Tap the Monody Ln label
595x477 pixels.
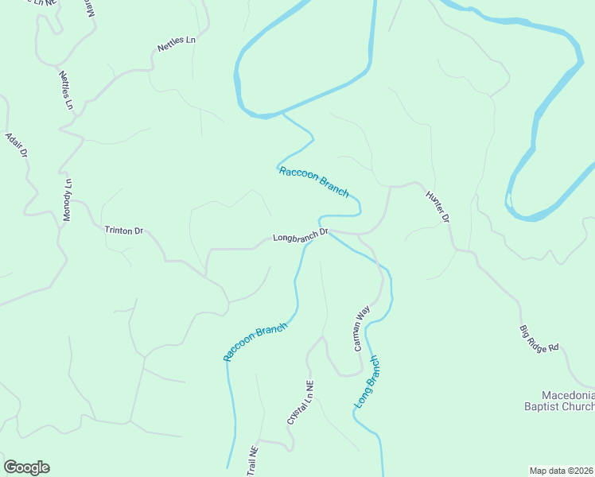pos(68,200)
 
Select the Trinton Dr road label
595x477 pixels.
pos(123,231)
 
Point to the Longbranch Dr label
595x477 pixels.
pos(300,236)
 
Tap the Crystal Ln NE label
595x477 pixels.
pos(301,401)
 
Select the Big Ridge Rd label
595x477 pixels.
pos(540,338)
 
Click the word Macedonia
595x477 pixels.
pos(568,395)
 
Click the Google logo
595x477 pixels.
pos(26,467)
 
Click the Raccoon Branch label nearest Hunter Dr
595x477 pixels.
pos(314,181)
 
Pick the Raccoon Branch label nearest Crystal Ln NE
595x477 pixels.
pos(255,342)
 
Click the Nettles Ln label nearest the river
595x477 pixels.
pos(176,43)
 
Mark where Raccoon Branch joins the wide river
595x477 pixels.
pos(282,114)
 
